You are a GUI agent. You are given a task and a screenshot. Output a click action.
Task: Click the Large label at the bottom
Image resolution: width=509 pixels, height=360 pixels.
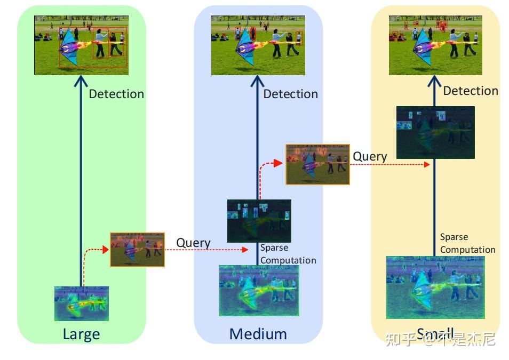[81, 334]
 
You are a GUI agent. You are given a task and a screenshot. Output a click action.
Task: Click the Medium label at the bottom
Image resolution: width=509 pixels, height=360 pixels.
[258, 334]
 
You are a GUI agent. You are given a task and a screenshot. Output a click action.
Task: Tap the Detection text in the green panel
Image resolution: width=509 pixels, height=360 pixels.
[116, 94]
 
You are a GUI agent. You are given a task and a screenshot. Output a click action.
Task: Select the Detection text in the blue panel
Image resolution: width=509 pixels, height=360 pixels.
[290, 94]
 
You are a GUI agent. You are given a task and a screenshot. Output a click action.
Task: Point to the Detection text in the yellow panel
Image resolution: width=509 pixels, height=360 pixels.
[470, 91]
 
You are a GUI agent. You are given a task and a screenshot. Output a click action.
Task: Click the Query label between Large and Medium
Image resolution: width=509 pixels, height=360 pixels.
[193, 243]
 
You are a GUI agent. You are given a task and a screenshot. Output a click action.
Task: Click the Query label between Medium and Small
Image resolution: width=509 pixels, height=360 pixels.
[370, 156]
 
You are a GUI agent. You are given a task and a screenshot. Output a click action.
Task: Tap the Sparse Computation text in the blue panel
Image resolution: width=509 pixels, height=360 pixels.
[288, 254]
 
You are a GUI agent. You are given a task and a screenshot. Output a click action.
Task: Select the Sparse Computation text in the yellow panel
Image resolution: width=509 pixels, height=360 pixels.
[467, 243]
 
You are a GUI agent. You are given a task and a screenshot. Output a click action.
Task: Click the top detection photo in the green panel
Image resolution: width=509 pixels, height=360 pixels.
[81, 45]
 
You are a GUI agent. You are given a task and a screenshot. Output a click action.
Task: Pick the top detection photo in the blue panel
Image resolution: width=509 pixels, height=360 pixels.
[258, 45]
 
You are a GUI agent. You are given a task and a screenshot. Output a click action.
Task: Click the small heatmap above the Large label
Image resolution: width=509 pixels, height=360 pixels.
[81, 303]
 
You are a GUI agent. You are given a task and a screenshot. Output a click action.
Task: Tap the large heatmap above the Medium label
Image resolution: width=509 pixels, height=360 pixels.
[259, 291]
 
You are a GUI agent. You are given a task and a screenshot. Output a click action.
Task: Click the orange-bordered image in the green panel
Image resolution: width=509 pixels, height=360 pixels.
[137, 249]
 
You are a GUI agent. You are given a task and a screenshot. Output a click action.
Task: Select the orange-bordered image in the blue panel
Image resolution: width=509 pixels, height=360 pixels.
[317, 164]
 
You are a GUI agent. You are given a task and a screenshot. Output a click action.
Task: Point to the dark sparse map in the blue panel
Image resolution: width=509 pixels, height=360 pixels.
[259, 221]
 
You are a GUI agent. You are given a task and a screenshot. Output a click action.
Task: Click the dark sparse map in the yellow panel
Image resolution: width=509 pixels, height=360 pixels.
[435, 132]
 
